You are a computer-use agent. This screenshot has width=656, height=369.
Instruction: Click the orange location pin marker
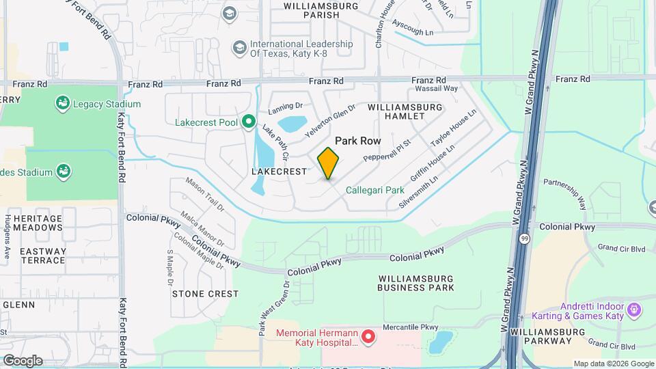tap(329, 163)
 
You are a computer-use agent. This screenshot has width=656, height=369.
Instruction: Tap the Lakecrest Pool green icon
tap(249, 122)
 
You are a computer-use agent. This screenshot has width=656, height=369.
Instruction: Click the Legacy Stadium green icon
tap(63, 104)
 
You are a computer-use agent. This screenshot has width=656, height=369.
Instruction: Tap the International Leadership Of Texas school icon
tap(239, 47)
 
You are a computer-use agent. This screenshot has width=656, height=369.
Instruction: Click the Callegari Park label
tap(374, 190)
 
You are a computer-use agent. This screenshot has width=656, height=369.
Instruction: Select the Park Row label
tap(357, 139)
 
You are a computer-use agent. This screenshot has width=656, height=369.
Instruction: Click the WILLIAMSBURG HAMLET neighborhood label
tap(405, 113)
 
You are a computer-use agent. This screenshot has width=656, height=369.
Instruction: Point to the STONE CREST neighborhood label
tap(205, 294)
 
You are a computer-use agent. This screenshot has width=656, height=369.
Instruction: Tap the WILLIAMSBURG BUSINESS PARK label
tap(415, 283)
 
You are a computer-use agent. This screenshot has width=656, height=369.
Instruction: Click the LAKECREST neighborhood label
tap(279, 172)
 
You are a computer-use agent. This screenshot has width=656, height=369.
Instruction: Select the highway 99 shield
tap(523, 238)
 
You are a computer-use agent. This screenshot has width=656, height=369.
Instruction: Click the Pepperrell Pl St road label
tap(386, 148)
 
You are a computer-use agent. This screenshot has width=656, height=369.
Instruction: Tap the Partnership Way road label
tap(565, 193)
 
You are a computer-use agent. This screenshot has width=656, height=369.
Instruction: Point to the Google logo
tap(22, 360)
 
